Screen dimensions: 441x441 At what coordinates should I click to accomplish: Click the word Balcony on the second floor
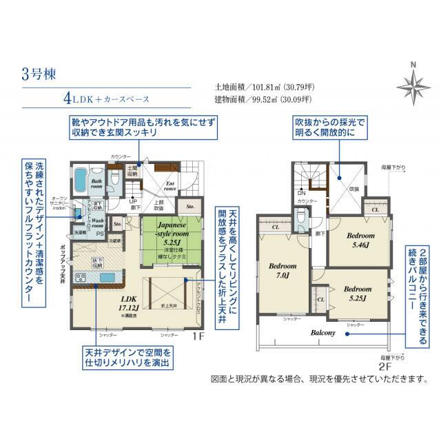point(322,333)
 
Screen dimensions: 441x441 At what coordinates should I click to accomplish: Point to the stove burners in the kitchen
point(81,278)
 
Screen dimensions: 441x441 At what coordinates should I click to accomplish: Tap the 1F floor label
point(199,337)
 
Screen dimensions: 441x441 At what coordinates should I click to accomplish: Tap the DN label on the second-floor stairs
point(301,194)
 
